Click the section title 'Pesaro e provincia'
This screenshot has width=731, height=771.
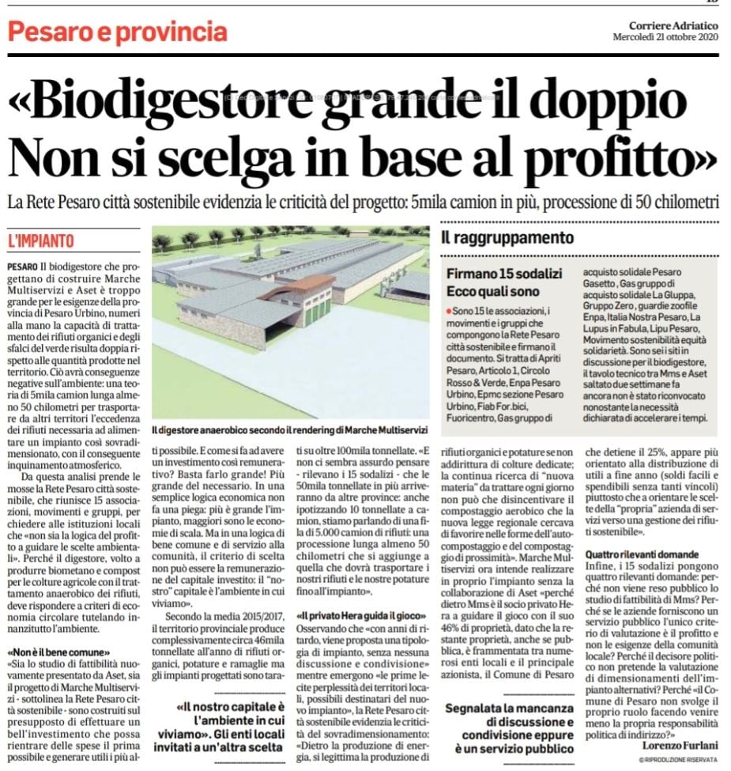coord(117,32)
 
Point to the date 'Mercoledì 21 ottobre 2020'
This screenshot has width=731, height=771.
coord(666,38)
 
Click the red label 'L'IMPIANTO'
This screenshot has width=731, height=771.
coord(40,240)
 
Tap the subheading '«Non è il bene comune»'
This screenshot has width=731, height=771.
coord(59,652)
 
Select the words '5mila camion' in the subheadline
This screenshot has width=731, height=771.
coord(446,202)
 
